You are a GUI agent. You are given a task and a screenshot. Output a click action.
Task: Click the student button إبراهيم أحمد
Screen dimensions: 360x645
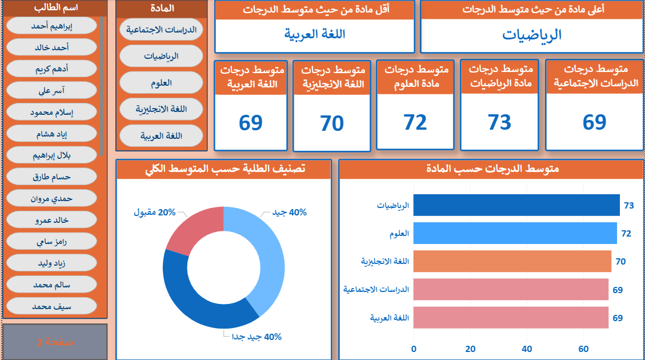[52, 26]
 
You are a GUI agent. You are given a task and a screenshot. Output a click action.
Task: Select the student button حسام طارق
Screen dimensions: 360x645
[52, 177]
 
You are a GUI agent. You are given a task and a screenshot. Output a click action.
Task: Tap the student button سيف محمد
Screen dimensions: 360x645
[52, 306]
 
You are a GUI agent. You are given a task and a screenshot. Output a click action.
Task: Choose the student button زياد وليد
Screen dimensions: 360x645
[52, 263]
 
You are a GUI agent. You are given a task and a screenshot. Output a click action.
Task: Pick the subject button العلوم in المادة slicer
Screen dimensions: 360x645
[162, 82]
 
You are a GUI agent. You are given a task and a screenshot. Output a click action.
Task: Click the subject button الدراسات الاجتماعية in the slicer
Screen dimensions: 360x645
[162, 30]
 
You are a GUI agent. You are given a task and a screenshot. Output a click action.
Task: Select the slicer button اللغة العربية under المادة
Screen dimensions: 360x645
[162, 135]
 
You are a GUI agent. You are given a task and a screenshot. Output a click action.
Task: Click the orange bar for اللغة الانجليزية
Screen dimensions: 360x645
[512, 261]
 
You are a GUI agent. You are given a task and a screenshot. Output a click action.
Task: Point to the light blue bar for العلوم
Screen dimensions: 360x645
[515, 233]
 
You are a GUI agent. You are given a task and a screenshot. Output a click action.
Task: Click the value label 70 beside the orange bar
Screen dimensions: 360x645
[620, 262]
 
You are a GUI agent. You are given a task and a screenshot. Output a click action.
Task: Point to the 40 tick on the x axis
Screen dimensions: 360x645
[527, 349]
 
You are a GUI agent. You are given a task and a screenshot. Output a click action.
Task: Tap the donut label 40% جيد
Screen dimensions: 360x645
[290, 212]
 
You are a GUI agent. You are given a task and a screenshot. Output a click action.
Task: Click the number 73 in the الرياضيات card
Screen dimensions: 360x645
[499, 122]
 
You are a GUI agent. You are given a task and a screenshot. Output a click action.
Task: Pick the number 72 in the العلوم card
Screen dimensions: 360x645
[415, 122]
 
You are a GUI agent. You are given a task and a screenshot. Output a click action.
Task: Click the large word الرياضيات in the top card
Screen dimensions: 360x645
[532, 35]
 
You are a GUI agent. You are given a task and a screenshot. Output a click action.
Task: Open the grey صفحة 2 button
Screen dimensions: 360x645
[55, 342]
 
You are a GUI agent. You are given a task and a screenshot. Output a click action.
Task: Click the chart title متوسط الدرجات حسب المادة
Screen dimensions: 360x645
[492, 169]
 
